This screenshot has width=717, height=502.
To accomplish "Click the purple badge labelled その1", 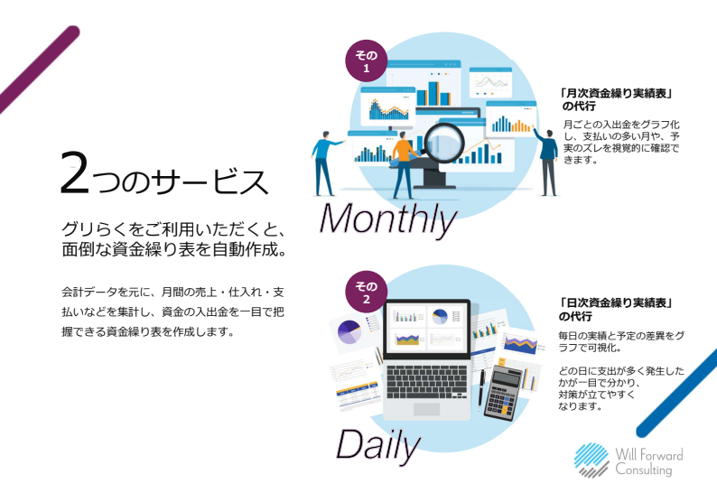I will click(x=367, y=61).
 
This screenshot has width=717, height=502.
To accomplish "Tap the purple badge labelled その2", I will click(x=367, y=294).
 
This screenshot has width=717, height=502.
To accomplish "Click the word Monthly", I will click(x=387, y=219).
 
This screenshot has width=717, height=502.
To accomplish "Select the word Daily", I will click(x=378, y=443).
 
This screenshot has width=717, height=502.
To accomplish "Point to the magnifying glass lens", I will click(x=442, y=141).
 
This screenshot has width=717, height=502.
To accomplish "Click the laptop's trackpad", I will click(x=427, y=410).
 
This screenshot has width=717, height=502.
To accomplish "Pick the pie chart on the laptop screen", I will click(x=441, y=317).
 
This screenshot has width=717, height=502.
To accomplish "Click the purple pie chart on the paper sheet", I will click(x=349, y=333).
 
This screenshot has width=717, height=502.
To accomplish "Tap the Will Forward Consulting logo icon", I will click(x=591, y=459).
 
